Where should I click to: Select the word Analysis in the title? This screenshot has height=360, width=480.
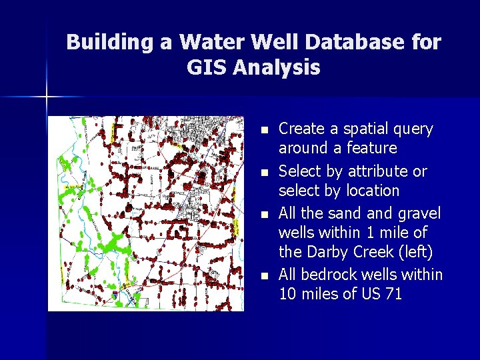pos(281,67)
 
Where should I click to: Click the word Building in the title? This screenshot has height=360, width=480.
pos(109,42)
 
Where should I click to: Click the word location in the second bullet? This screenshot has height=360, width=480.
pos(373,191)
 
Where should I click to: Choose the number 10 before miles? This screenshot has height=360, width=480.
pos(288,293)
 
